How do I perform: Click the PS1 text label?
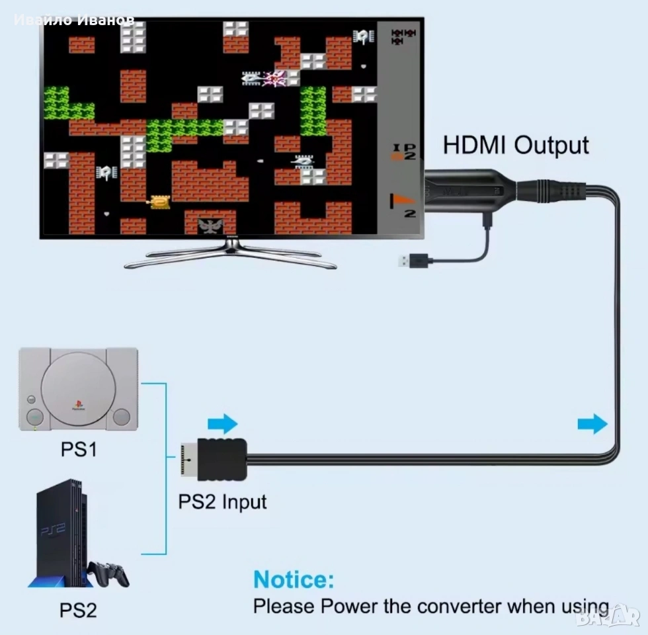[79, 450]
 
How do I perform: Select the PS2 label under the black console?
[79, 609]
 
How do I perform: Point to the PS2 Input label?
[222, 501]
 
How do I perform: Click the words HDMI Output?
[515, 145]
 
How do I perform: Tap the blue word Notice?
[294, 580]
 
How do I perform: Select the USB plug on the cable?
[411, 261]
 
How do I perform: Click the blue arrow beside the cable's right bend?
[592, 424]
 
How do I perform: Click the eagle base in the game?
[211, 226]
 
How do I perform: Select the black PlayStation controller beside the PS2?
[109, 573]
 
